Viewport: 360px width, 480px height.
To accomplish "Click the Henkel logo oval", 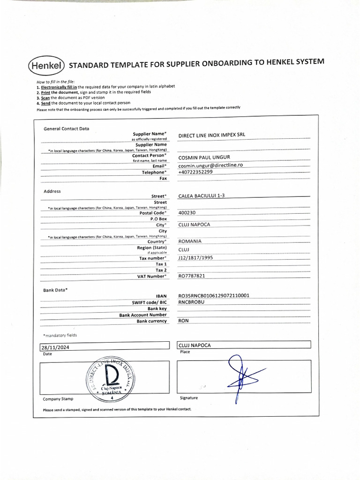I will pos(46,66).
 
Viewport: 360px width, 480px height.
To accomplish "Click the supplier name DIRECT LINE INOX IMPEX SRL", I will pos(211,135).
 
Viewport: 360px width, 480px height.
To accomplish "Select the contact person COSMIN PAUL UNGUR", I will pos(204,157).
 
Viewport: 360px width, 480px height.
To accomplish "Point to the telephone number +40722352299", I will pos(195,172).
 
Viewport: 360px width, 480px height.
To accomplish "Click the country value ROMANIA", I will pos(190,241).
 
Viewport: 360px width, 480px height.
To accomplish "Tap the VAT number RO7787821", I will pos(192,276).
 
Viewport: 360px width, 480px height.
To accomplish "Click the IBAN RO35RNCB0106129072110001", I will pos(214,296).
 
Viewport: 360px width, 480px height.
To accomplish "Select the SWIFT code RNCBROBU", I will pos(191,302).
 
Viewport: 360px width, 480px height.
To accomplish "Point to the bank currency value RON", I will pos(184,321).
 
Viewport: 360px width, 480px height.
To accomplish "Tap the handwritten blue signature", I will pos(241,377).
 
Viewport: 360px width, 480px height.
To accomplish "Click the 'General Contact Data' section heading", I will pos(66,128).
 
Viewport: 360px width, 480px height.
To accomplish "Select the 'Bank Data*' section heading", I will pos(55,290).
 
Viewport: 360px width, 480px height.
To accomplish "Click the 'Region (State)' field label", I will pos(151,247).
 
